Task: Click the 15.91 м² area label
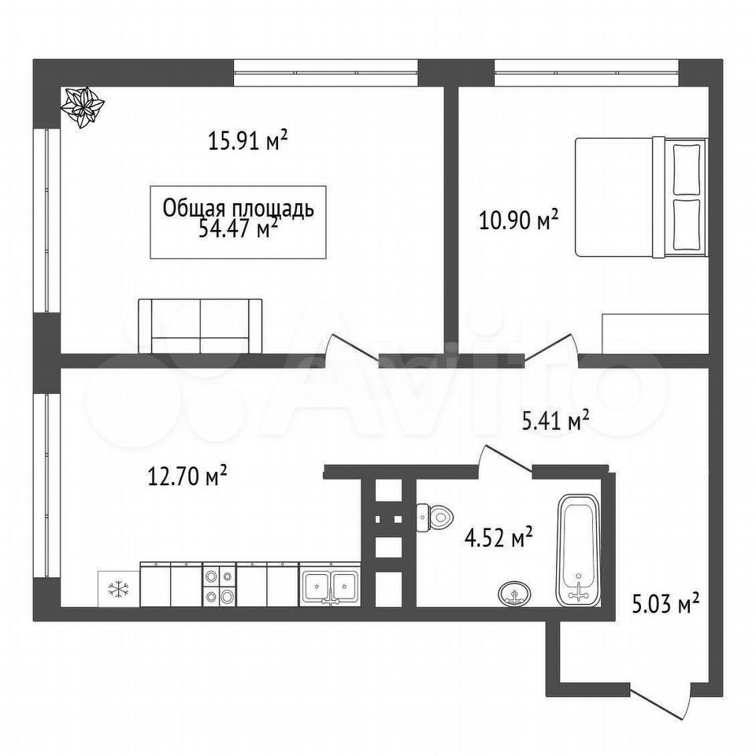pos(248,141)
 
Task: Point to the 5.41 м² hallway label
pos(556,421)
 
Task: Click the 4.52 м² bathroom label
pos(498,538)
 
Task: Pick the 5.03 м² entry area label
pos(666,604)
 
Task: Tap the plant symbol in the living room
pos(83,107)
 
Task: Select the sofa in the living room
pos(200,326)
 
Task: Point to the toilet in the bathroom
pos(435,517)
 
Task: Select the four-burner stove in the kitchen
pos(219,584)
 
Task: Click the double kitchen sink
pos(330,584)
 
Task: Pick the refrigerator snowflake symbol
pos(118,589)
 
